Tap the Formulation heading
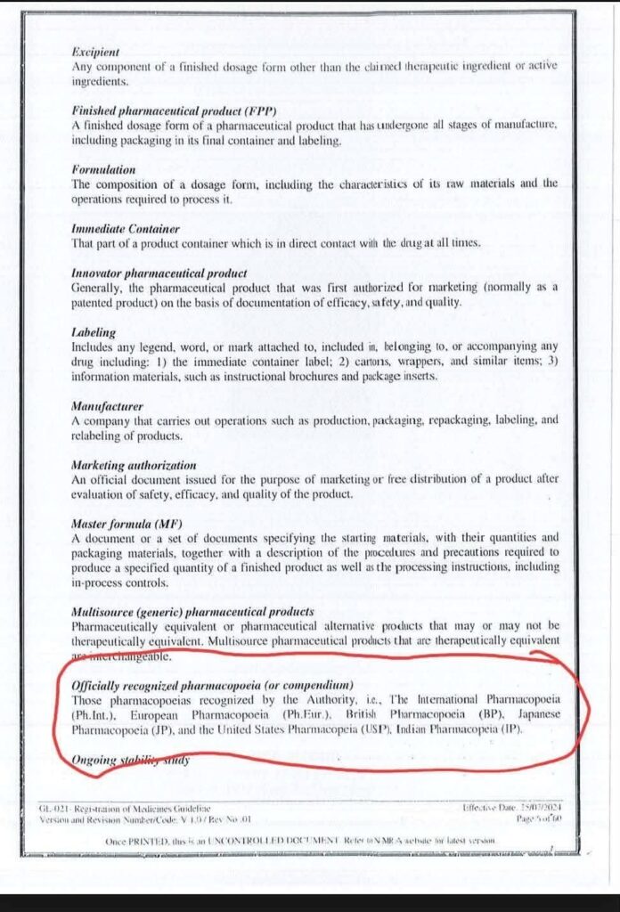coord(103,169)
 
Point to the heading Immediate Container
coord(126,228)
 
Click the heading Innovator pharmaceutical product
coord(159,273)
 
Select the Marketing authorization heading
coord(133,465)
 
